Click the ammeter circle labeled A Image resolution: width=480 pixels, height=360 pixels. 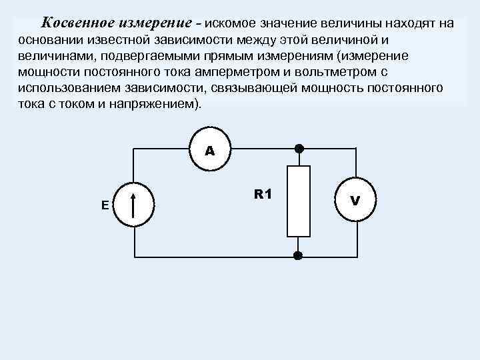tap(210, 151)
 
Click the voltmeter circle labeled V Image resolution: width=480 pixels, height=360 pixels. tap(355, 200)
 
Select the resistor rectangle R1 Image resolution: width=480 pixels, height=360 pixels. tap(299, 201)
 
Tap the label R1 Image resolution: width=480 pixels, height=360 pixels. tap(263, 194)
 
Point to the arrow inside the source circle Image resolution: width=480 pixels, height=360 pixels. tap(134, 205)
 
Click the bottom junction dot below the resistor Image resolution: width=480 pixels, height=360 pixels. tap(298, 255)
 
